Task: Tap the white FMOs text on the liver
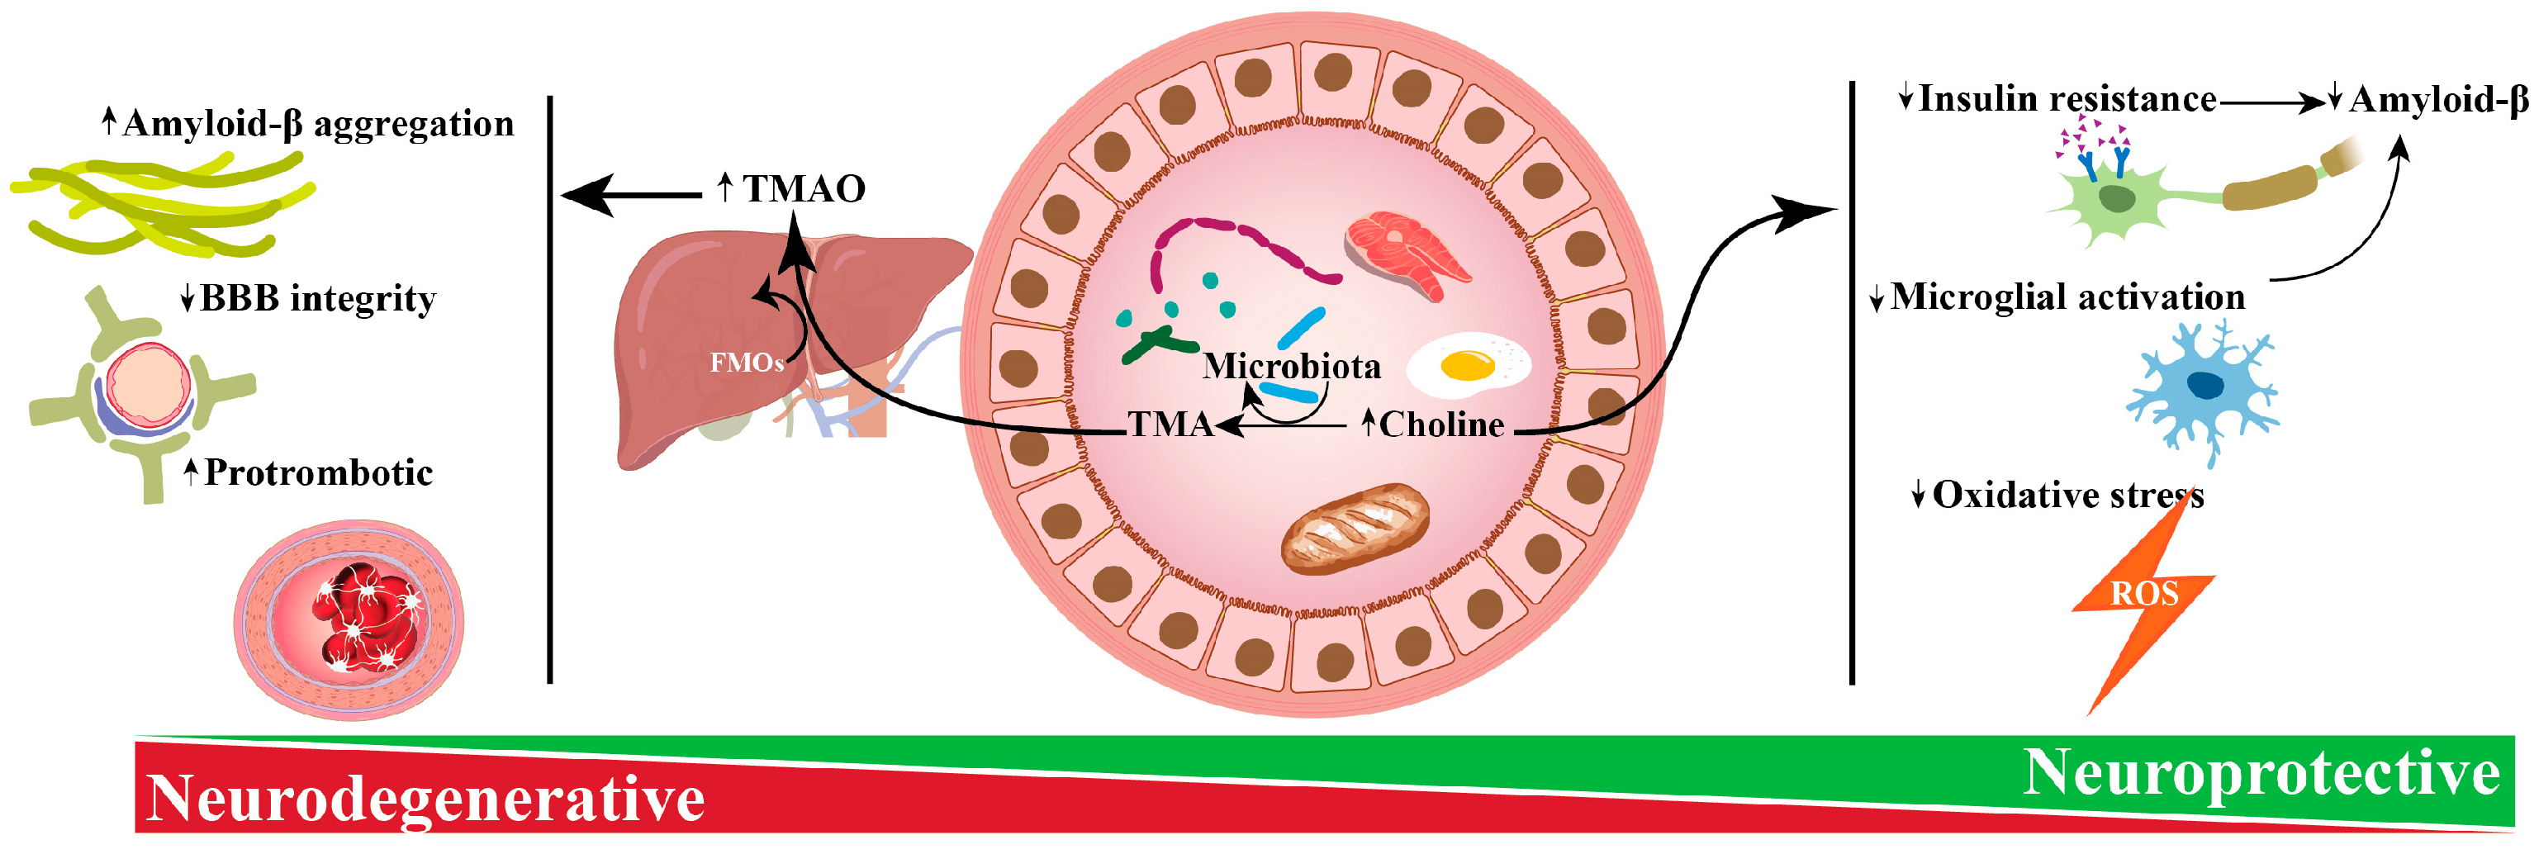click(x=746, y=363)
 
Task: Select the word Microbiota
click(x=1291, y=366)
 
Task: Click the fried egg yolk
click(x=1467, y=366)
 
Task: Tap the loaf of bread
click(x=1355, y=527)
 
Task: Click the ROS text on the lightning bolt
click(x=2143, y=594)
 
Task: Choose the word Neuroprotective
click(x=2261, y=771)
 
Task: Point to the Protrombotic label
click(x=317, y=473)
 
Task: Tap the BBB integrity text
click(x=317, y=298)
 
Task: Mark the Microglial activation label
click(x=2067, y=297)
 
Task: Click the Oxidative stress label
click(x=2067, y=494)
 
